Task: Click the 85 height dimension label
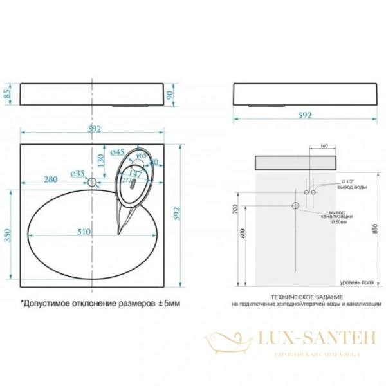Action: point(8,96)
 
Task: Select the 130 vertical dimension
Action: point(100,158)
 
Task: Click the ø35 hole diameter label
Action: point(77,174)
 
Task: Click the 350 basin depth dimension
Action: point(8,236)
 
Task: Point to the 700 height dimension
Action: point(235,209)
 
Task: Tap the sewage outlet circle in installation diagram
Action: point(296,206)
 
